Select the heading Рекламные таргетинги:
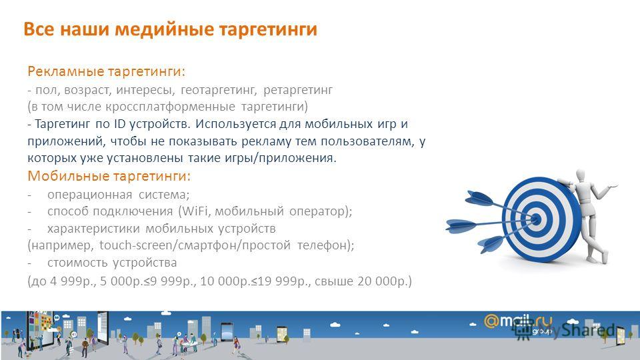(x=107, y=71)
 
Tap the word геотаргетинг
(x=219, y=89)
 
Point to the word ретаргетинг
(x=298, y=89)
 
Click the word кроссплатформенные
(x=170, y=107)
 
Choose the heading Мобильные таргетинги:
(x=109, y=176)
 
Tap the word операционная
(x=89, y=195)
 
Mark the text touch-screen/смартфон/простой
(x=195, y=245)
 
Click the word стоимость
(x=77, y=263)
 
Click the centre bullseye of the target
(x=537, y=219)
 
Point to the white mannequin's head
(x=581, y=177)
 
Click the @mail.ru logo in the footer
(x=518, y=321)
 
